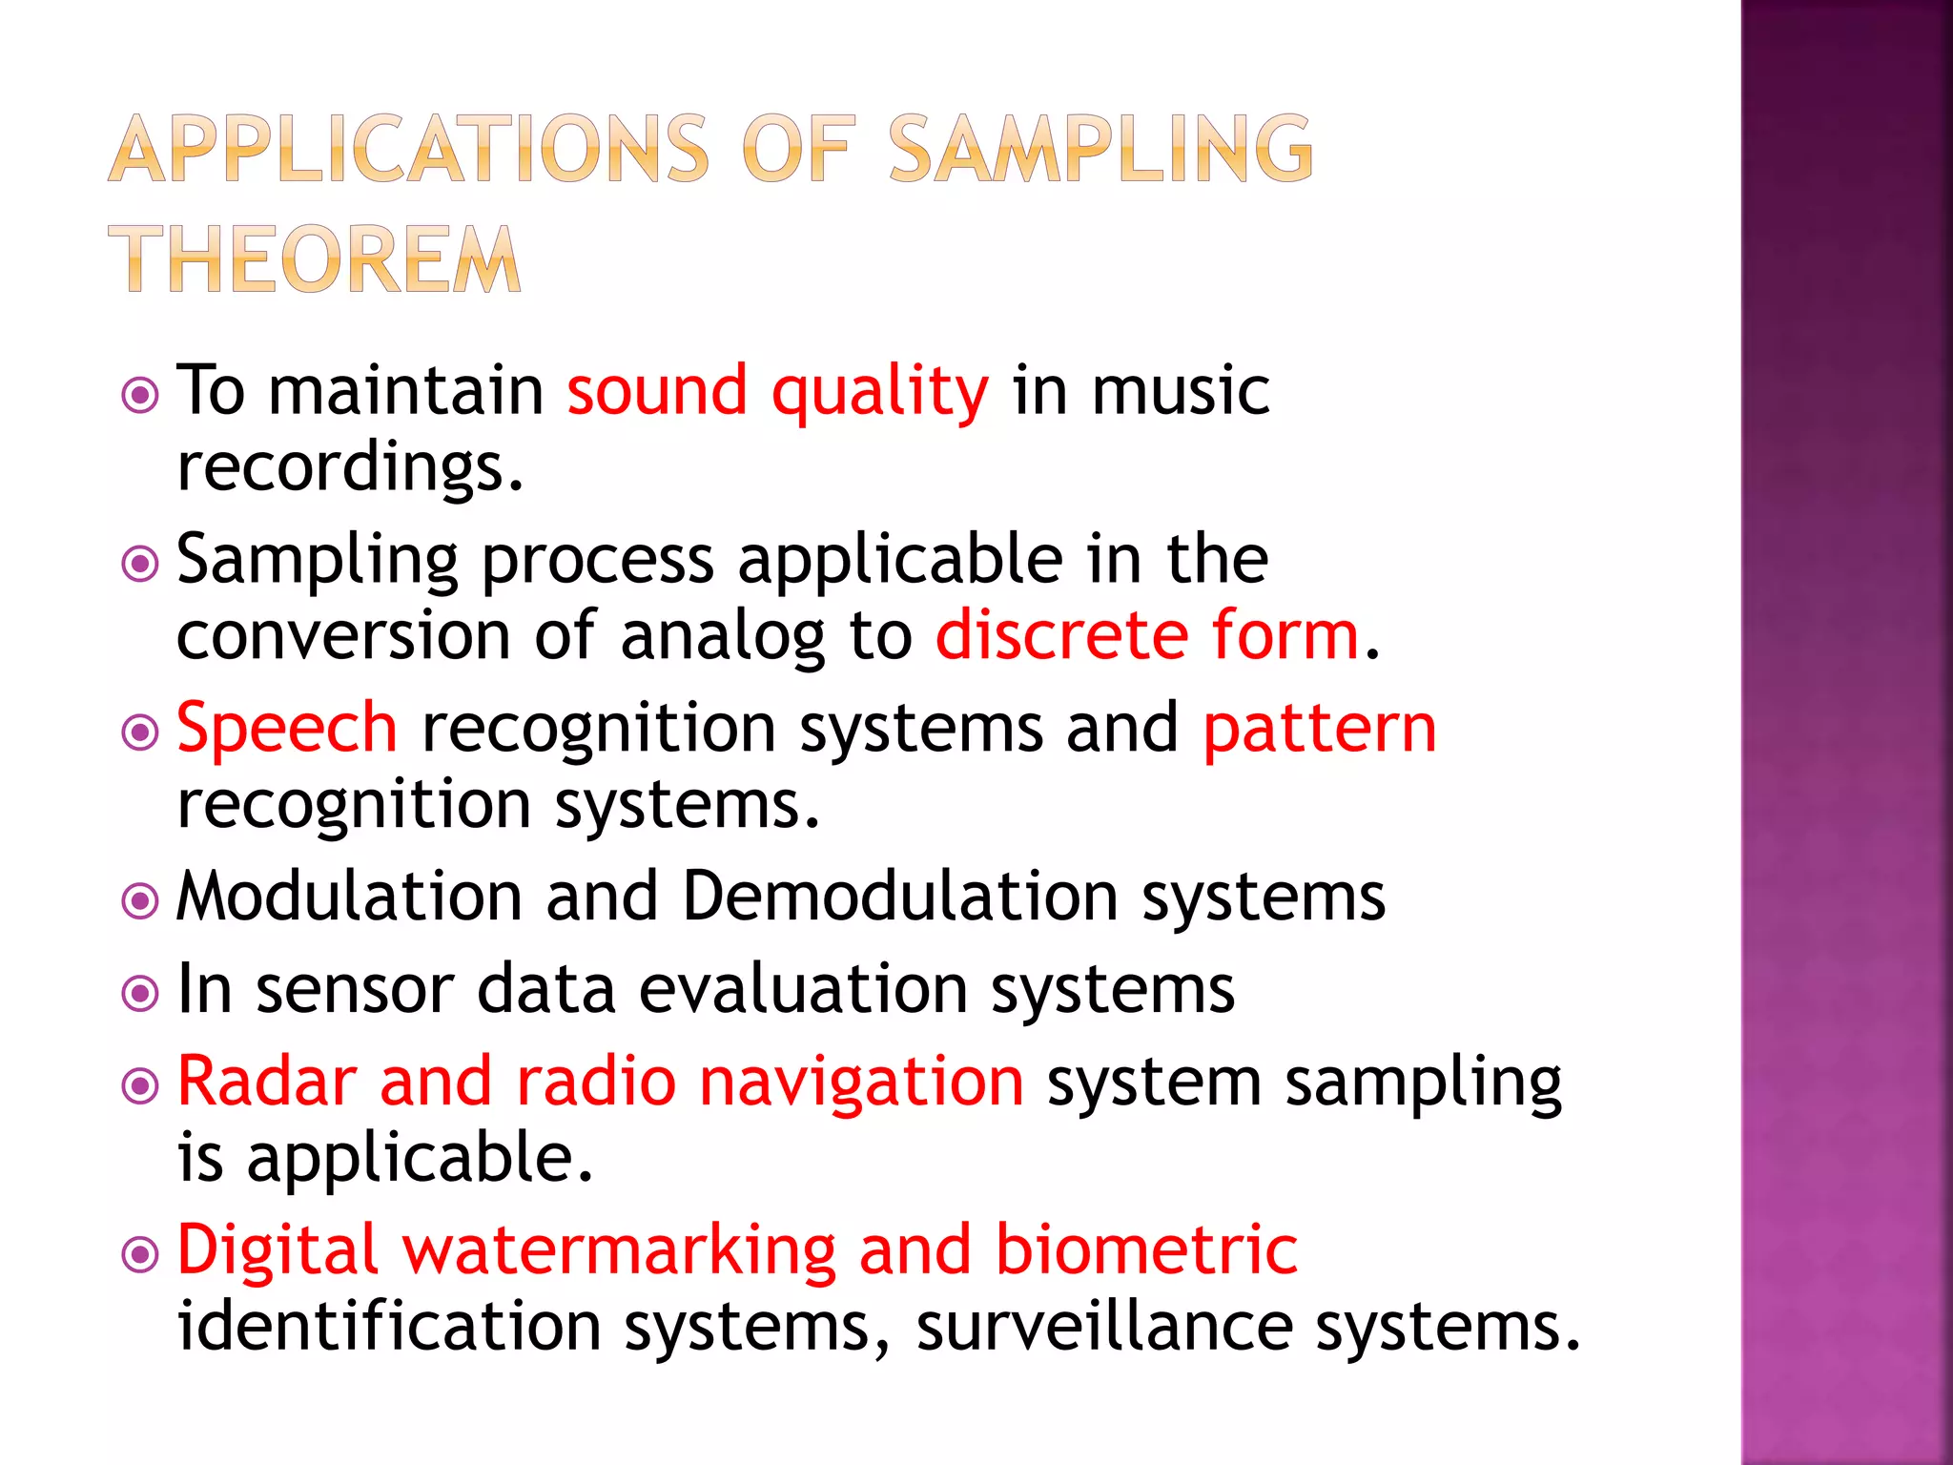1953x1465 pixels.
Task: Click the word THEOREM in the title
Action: [315, 259]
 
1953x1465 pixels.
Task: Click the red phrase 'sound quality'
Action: [777, 391]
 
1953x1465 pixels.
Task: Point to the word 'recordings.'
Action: [350, 467]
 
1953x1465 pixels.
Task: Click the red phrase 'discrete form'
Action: [1147, 635]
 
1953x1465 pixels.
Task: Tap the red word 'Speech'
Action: [287, 728]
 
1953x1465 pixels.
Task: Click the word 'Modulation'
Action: [349, 897]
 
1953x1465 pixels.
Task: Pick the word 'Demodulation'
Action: [900, 897]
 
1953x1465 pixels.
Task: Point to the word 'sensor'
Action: [355, 989]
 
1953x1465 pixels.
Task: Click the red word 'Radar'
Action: [267, 1082]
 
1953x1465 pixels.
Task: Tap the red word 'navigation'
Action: [861, 1083]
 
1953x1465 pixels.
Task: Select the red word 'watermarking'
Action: [619, 1250]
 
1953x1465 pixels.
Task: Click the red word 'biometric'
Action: [1146, 1249]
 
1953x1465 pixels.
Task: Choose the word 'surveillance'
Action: [1104, 1327]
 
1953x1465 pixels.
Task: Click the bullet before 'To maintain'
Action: [141, 394]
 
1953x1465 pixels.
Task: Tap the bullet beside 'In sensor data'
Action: [141, 993]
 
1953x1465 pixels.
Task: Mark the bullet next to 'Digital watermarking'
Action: [141, 1254]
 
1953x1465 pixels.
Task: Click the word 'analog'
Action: [723, 637]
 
